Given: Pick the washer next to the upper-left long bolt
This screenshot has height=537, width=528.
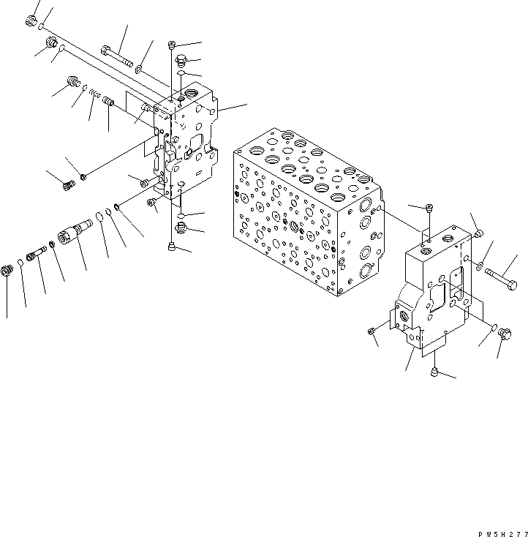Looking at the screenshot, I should (139, 70).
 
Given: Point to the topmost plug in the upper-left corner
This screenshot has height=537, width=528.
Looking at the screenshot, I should (31, 23).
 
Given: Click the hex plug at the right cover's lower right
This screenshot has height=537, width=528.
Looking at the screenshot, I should (505, 334).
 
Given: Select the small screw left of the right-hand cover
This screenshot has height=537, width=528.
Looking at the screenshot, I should (372, 333).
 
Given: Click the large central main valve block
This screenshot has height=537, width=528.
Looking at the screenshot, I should (303, 212).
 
